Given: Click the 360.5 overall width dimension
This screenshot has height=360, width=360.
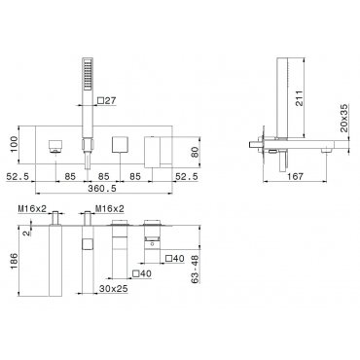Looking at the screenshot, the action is pos(102,188).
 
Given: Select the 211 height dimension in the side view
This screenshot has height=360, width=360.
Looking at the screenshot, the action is pos(299,98).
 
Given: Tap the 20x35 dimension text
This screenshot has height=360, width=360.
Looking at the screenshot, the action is pos(344,118).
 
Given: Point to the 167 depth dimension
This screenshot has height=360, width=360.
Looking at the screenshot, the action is pos(295,176).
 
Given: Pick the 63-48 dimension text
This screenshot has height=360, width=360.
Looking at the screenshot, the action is pos(195,269).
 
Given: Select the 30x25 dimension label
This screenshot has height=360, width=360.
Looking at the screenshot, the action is pos(114,288).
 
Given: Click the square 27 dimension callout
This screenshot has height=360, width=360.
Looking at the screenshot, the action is pos(107,101).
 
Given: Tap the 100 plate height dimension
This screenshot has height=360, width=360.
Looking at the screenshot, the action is pos(15,145).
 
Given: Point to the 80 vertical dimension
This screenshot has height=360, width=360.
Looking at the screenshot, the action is pos(195,151).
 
